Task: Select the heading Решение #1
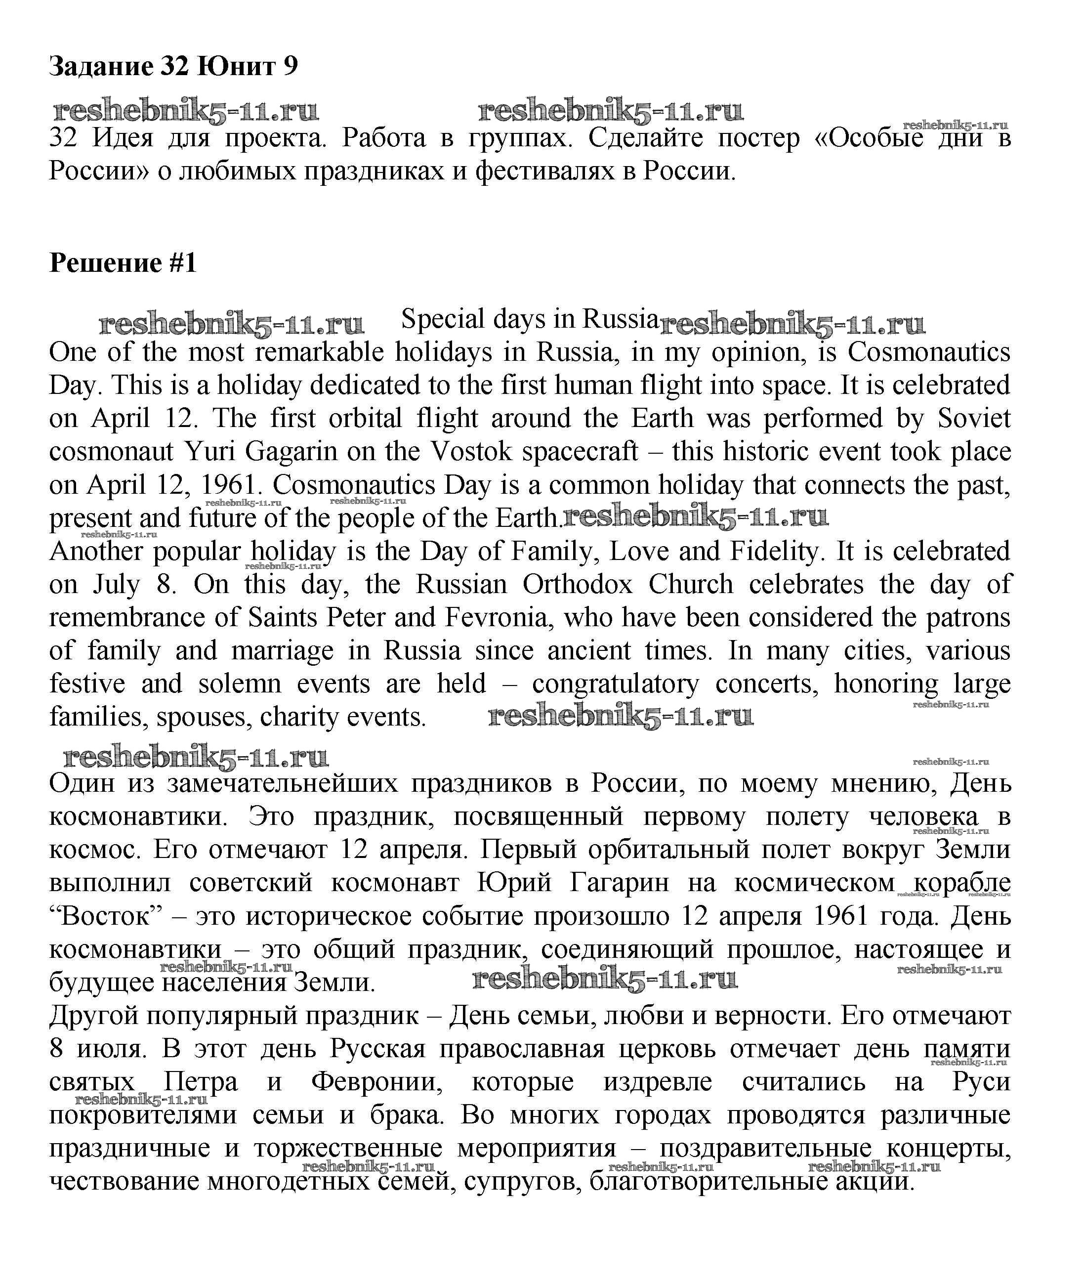click(123, 263)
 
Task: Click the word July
click(117, 585)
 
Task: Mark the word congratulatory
click(615, 684)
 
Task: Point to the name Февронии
click(377, 1081)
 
